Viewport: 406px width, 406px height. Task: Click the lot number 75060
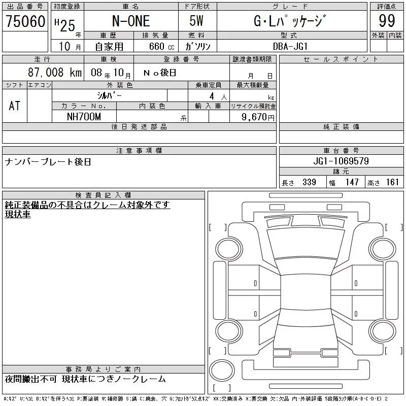point(25,21)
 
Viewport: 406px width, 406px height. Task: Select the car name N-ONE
point(131,21)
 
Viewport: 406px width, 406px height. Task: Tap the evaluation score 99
point(387,21)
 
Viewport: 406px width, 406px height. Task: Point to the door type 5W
point(196,21)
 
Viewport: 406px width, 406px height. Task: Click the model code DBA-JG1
point(290,46)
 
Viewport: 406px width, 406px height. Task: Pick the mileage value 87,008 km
point(55,73)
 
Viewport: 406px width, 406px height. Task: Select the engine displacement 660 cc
point(161,46)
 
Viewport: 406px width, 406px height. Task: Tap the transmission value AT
point(15,106)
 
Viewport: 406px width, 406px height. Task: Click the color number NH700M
point(84,117)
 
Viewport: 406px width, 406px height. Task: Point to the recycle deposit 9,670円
point(258,117)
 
